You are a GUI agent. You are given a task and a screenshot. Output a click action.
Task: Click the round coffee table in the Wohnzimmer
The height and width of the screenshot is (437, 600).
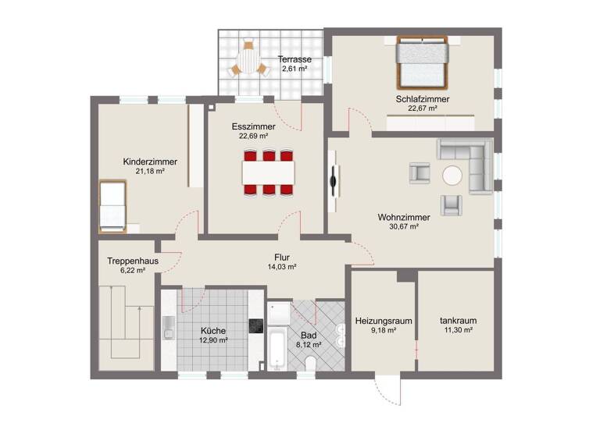coord(452,176)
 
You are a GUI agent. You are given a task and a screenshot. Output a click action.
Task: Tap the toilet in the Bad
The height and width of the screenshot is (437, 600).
coord(310,364)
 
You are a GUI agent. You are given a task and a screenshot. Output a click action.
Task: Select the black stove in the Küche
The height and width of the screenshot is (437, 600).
coord(255,326)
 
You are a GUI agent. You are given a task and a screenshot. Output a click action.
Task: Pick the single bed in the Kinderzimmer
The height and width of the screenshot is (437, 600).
coord(112,206)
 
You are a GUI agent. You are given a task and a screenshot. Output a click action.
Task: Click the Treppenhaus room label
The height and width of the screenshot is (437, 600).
coord(128,262)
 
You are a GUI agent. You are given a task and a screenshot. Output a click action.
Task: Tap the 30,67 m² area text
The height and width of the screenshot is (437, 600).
coord(403,227)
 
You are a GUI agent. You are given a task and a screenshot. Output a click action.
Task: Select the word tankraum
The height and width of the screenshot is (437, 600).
coord(457,321)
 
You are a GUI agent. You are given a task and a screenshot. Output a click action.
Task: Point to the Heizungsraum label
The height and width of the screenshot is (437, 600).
coord(383,321)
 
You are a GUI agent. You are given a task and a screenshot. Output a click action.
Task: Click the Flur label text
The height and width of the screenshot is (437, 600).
coord(282,257)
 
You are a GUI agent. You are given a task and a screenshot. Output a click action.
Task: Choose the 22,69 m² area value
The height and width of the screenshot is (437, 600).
coord(254,136)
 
